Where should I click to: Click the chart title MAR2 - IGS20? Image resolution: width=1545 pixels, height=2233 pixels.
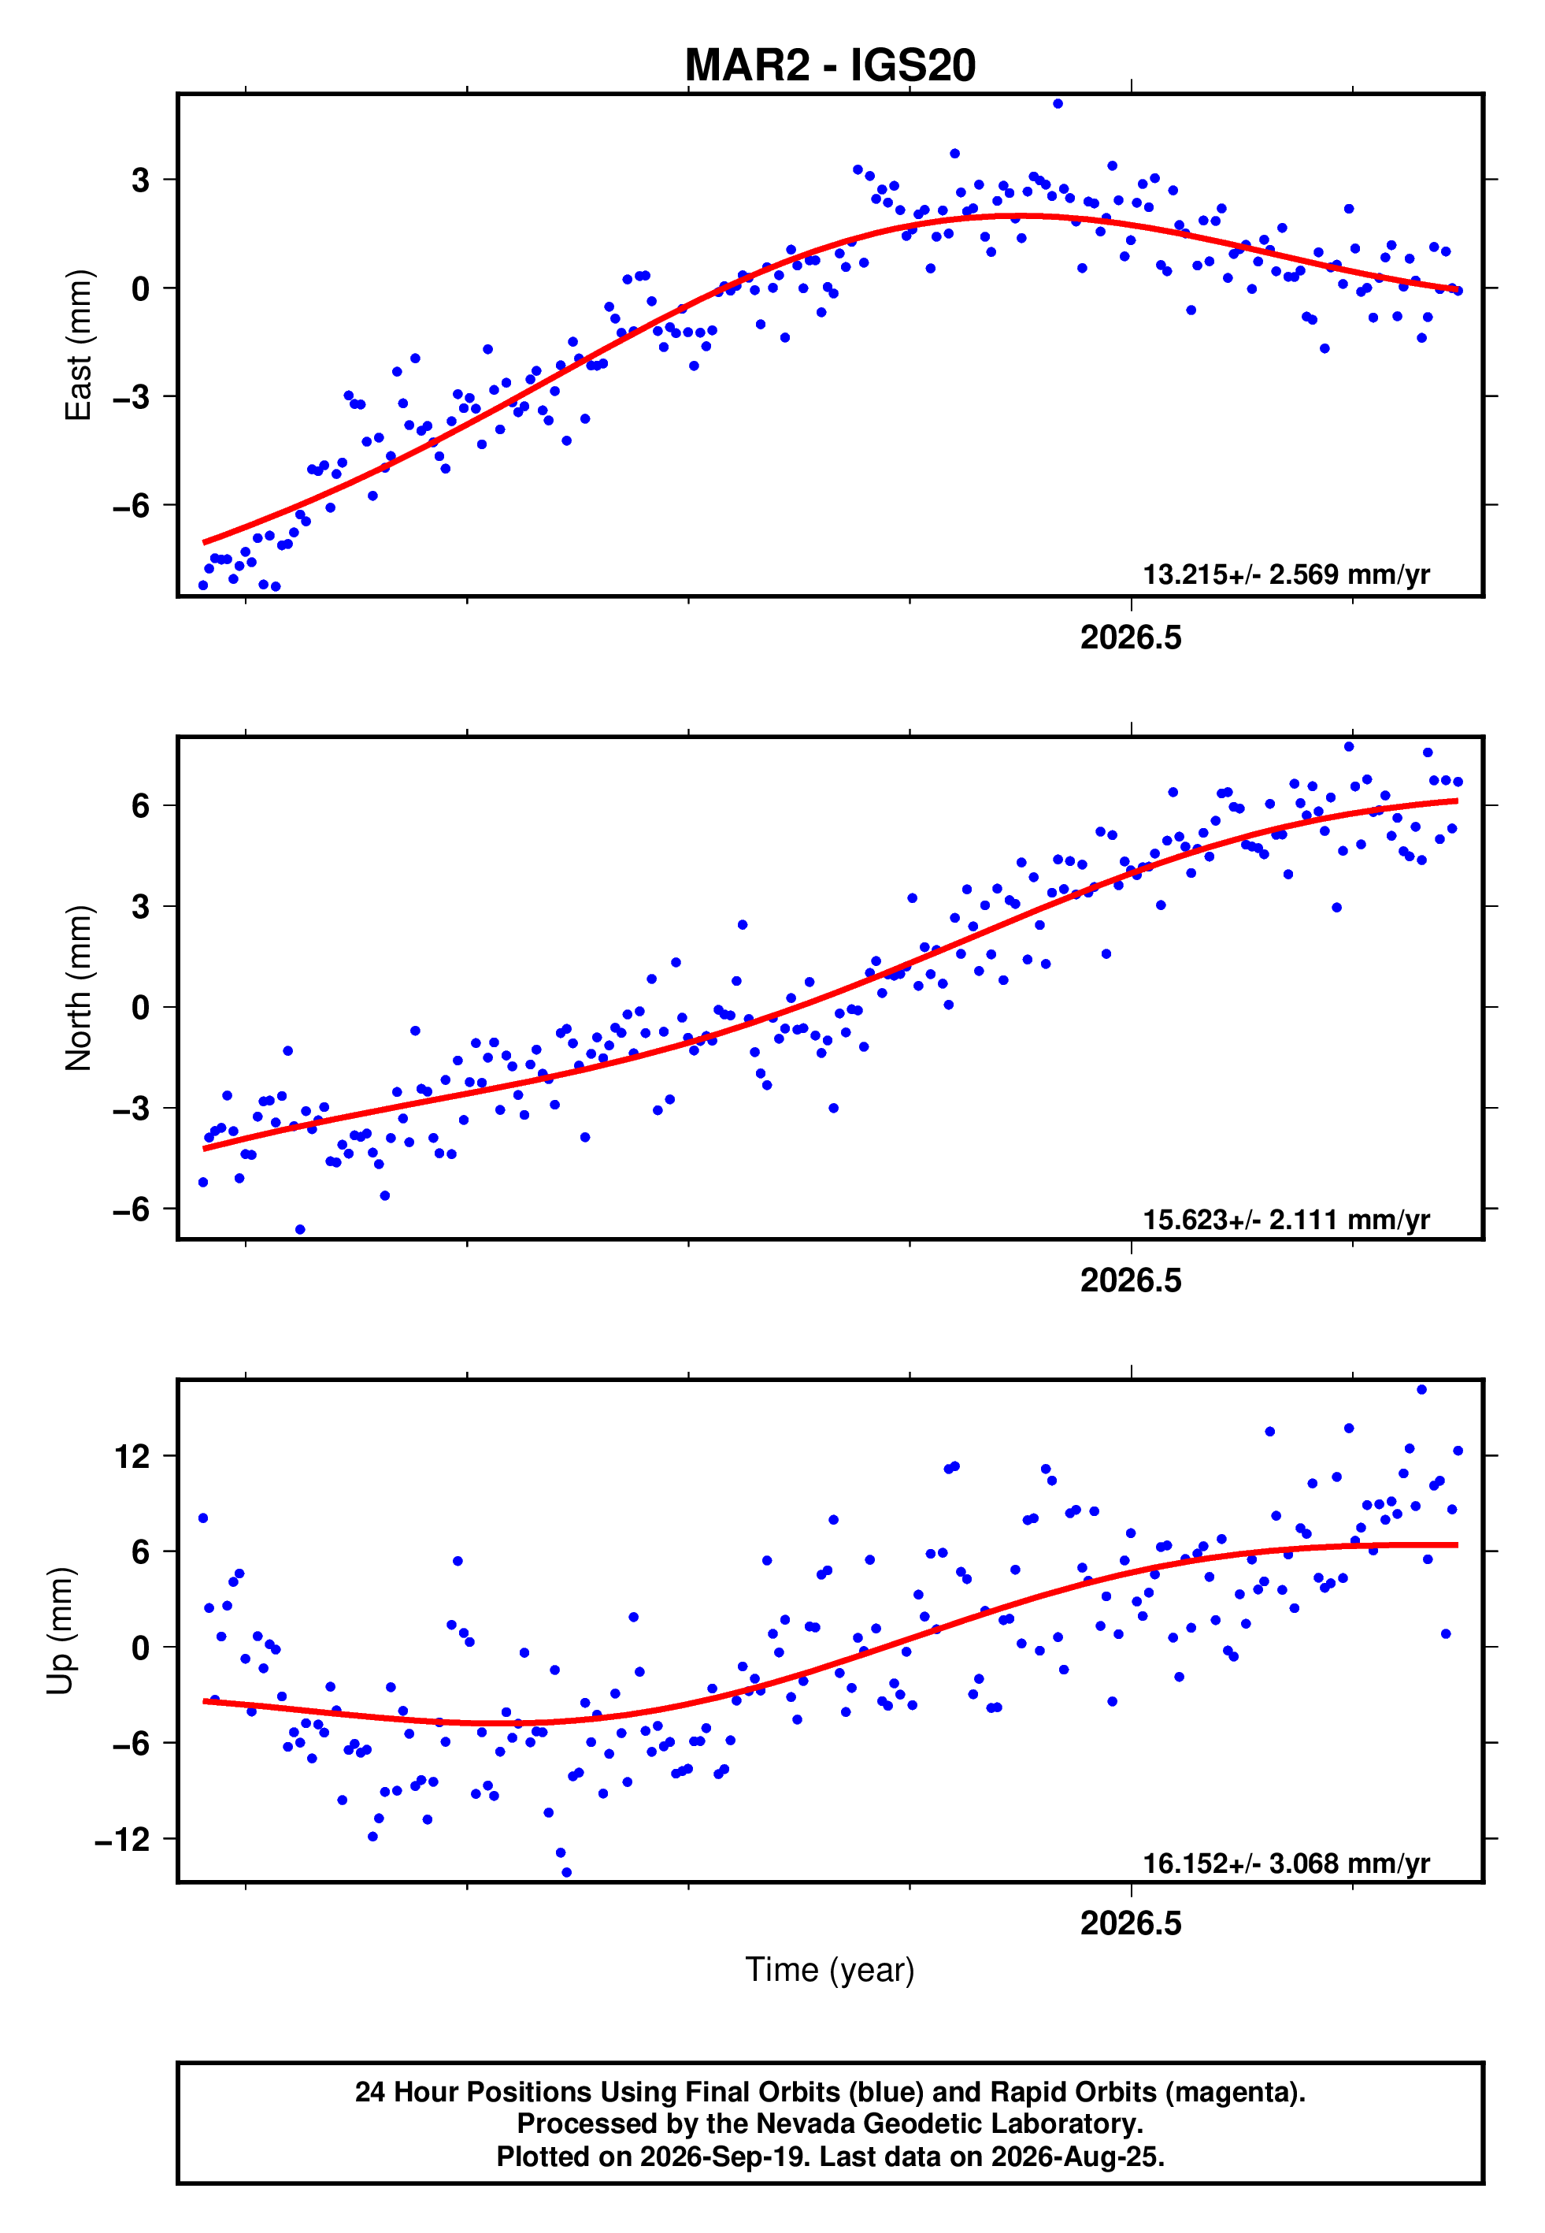point(830,65)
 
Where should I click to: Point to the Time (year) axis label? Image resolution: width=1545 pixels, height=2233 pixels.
point(830,1971)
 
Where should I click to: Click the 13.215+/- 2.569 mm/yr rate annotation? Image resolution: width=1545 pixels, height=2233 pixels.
point(1286,574)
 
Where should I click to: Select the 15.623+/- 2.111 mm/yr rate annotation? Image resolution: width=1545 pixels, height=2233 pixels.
point(1286,1219)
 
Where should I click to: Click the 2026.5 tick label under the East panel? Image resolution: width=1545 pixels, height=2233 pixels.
point(1131,637)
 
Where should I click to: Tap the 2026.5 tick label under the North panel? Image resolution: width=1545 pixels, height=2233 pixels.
point(1131,1280)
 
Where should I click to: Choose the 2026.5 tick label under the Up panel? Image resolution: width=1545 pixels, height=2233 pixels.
point(1131,1923)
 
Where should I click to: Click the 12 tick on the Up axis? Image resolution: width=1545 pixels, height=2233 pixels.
point(132,1456)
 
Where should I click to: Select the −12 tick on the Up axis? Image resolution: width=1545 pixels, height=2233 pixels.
point(123,1839)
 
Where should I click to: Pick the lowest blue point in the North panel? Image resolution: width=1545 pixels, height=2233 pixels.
point(300,1230)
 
